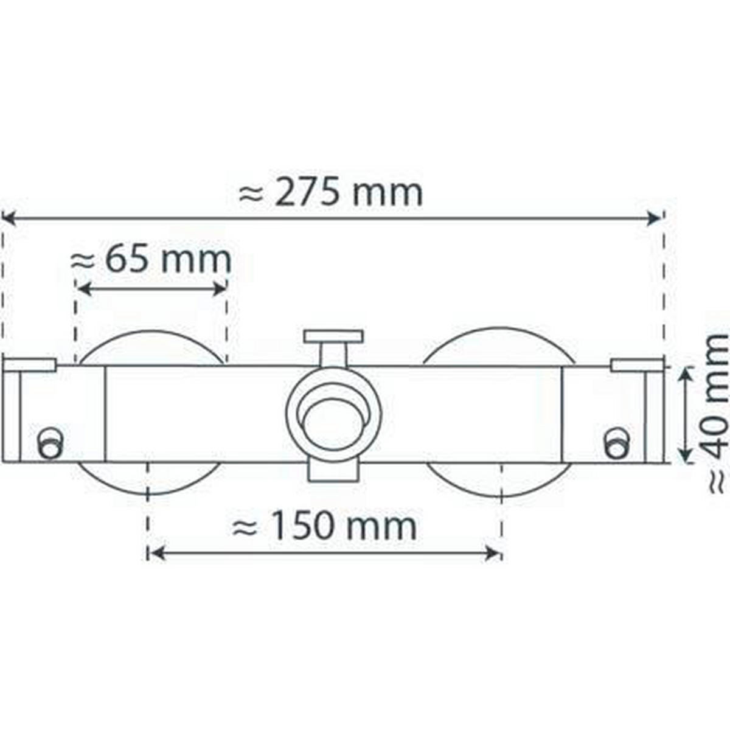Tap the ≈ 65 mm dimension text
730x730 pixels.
151,260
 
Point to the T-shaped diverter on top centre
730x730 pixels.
333,337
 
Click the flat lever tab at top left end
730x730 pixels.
30,365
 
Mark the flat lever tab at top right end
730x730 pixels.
636,365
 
